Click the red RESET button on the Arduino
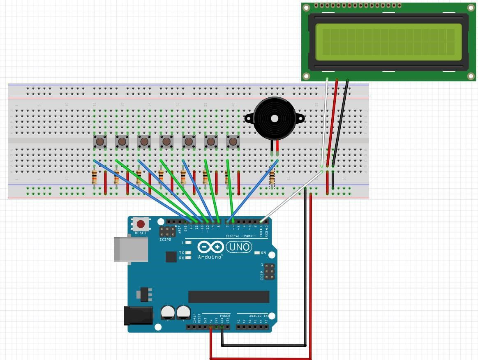(x=141, y=224)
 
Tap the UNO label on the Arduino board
(x=239, y=247)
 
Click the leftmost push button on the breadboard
(x=100, y=142)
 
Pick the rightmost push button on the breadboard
(x=233, y=142)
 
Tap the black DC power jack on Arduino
(x=138, y=316)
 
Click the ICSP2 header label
(x=165, y=239)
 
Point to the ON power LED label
(x=263, y=253)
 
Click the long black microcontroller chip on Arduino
(x=229, y=297)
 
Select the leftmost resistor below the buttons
(x=95, y=177)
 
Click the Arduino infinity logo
(x=210, y=247)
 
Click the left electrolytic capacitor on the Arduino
(x=168, y=312)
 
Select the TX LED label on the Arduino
(x=181, y=253)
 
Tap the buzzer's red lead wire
(x=277, y=146)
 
